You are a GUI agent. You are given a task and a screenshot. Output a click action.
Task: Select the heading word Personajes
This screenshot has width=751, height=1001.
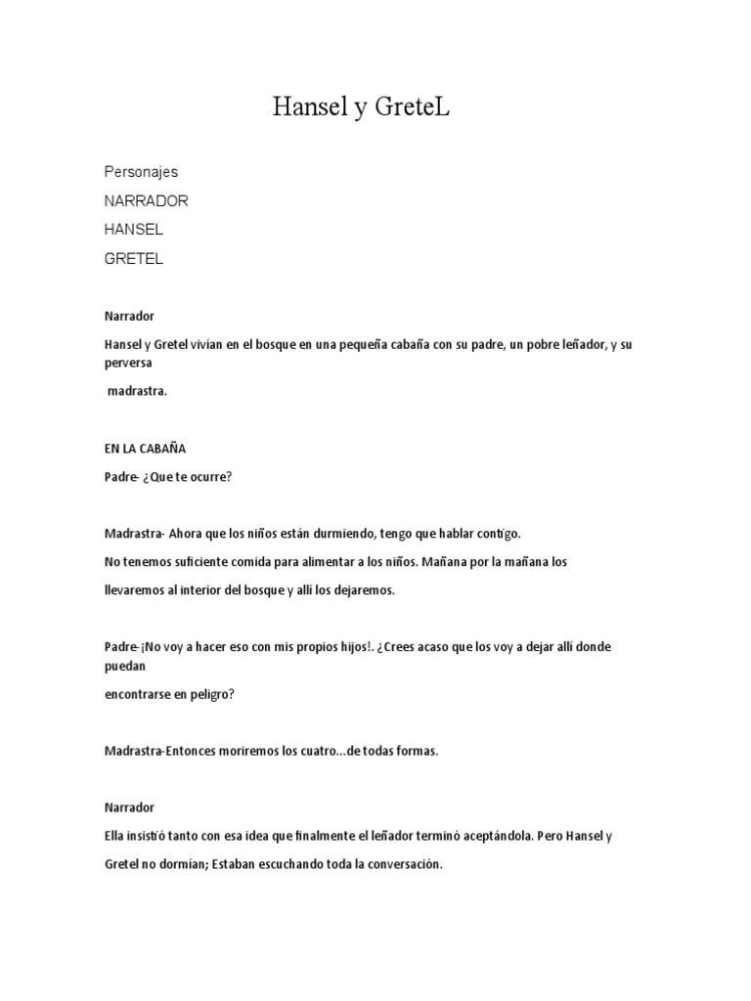[x=142, y=172]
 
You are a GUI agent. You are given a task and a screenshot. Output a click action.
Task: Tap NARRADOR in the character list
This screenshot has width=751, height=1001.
[x=147, y=200]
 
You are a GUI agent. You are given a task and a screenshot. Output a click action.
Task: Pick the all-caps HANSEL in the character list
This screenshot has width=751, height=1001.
[x=134, y=230]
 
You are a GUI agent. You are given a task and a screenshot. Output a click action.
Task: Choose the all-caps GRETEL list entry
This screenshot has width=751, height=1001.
[x=134, y=259]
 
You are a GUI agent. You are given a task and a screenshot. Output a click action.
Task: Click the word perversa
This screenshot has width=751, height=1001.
[x=128, y=361]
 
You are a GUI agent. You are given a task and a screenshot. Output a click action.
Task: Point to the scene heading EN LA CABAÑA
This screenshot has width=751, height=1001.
[x=145, y=449]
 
